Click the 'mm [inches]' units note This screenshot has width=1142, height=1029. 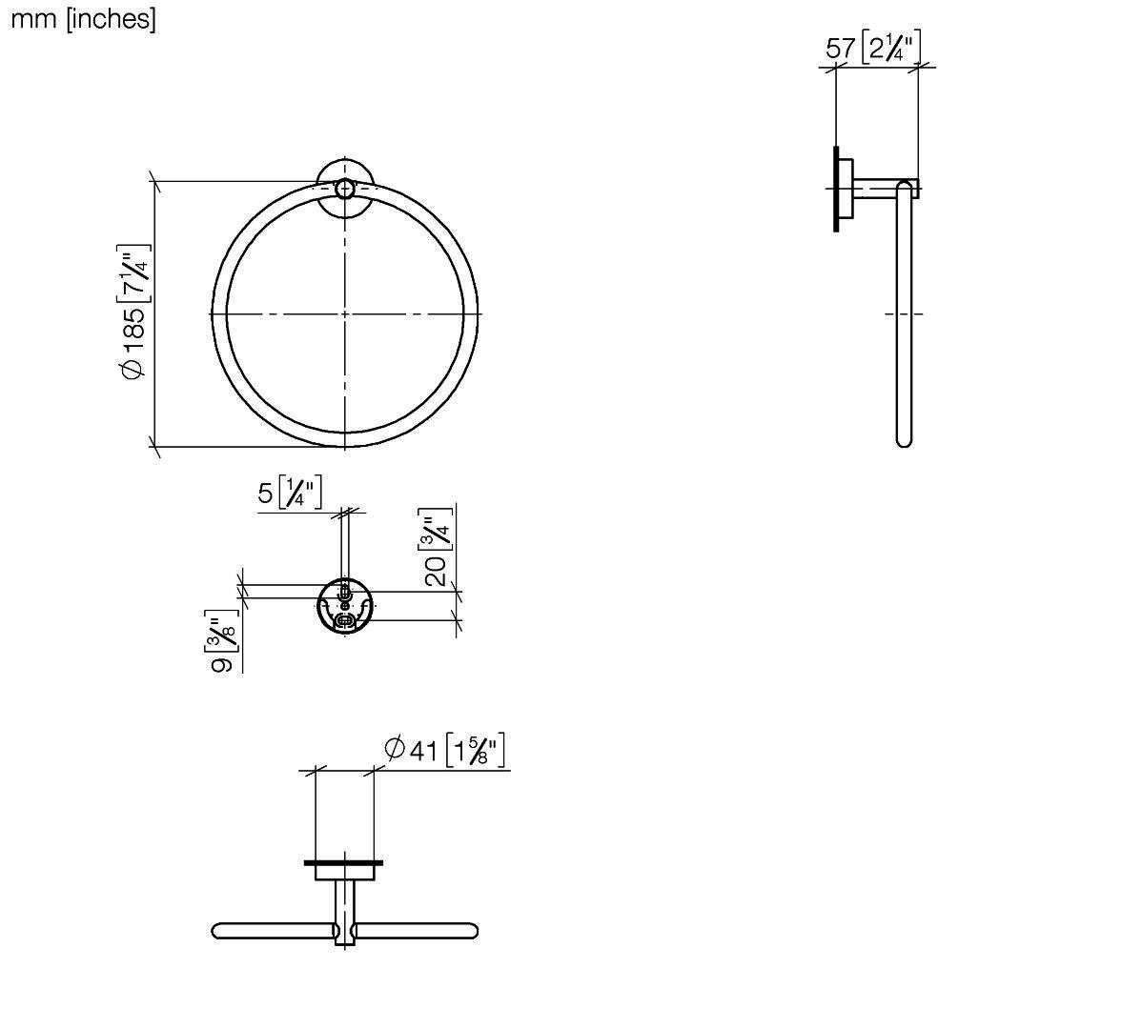83,18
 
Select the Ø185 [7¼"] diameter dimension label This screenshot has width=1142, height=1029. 134,313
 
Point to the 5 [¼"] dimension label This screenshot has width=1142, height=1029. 289,493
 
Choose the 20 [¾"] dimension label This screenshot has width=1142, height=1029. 438,547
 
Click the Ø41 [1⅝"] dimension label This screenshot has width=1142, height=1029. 444,750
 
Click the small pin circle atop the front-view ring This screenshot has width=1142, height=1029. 344,190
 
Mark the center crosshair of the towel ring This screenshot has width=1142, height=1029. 344,313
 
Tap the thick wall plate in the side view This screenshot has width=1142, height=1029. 836,189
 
